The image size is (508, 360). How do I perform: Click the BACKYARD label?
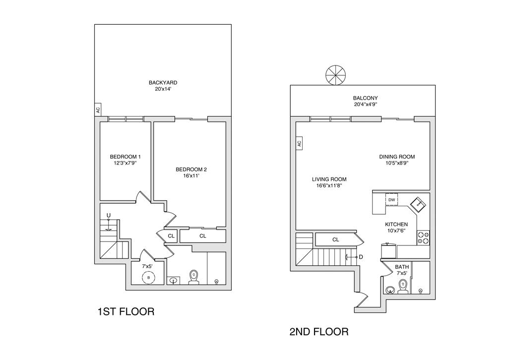pos(163,83)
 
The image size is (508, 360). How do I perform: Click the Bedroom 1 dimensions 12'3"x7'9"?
pos(126,163)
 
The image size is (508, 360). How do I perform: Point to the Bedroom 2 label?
pos(191,170)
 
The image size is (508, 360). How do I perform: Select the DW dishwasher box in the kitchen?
pos(391,200)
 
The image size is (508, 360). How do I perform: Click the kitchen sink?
pos(417,203)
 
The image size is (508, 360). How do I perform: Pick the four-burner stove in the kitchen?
pos(423,238)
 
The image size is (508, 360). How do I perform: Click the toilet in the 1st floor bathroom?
pos(194,277)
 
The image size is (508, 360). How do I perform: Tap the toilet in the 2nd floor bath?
pos(402,286)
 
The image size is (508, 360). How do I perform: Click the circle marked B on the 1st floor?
pos(148,278)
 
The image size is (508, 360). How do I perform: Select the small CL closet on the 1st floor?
pos(171,236)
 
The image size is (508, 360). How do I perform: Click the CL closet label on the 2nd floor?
pos(335,240)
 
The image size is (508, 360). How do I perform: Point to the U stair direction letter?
pos(108,215)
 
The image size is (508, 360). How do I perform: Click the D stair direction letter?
pos(361,257)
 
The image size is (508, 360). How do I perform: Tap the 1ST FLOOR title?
pos(126,312)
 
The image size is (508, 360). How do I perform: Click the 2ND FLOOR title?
pos(318,332)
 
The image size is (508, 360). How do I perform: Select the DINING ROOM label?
pos(397,157)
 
